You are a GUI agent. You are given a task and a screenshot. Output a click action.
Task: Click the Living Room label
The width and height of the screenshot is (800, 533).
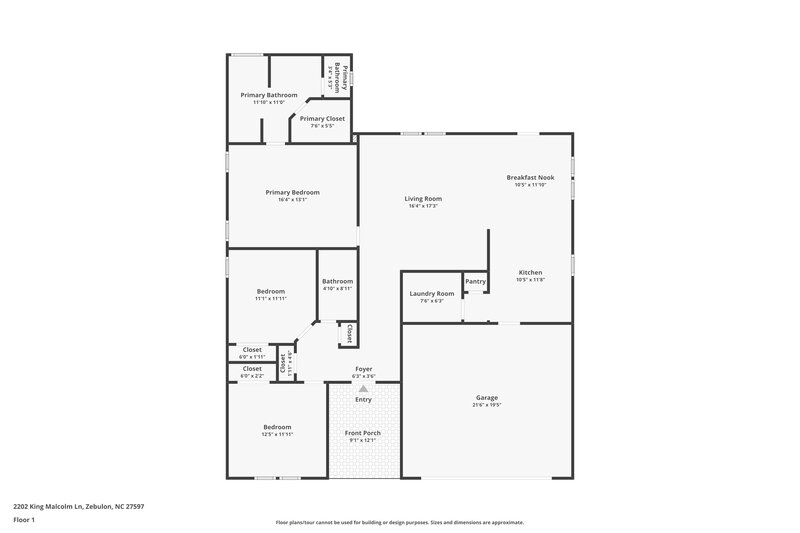click(x=424, y=198)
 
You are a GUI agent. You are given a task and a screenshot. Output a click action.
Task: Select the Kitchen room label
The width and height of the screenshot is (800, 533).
click(x=530, y=272)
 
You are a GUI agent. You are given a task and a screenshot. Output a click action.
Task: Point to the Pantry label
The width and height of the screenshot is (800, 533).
click(x=475, y=281)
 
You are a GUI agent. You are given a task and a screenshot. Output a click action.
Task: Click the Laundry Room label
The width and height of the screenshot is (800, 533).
click(x=432, y=293)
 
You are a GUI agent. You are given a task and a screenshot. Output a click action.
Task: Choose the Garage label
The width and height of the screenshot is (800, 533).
click(x=486, y=397)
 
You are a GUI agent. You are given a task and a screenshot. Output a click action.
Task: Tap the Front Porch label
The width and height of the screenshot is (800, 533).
click(x=364, y=432)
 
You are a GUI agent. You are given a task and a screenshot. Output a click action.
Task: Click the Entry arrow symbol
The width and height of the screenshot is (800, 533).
click(x=364, y=388)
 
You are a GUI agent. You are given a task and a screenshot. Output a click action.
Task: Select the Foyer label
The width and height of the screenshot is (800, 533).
click(x=364, y=368)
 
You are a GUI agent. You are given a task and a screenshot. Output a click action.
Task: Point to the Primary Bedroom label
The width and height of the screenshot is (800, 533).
click(x=292, y=192)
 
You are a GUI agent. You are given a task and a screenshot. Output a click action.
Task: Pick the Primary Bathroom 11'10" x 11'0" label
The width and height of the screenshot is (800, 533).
click(x=268, y=95)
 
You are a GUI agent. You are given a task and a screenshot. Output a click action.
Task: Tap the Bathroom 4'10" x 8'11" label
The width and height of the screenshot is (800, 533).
click(x=337, y=281)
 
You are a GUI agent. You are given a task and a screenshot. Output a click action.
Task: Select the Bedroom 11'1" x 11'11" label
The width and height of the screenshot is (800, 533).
click(x=270, y=291)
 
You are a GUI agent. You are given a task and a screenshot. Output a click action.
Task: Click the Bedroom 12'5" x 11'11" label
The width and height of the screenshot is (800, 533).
click(x=277, y=426)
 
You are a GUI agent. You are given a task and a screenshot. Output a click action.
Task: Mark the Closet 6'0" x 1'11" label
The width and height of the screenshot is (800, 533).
click(x=252, y=350)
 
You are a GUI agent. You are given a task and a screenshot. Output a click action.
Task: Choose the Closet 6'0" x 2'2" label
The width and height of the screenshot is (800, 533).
click(x=252, y=369)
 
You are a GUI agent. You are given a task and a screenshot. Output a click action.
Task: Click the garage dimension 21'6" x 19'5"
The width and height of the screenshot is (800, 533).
click(x=486, y=405)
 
